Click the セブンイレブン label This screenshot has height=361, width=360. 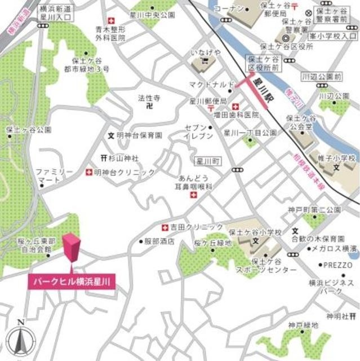point(199,132)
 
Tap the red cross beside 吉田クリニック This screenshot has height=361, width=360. point(165,228)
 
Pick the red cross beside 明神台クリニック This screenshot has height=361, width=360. point(89,172)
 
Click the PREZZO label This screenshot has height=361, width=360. point(338,265)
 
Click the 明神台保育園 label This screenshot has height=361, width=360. point(139,136)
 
